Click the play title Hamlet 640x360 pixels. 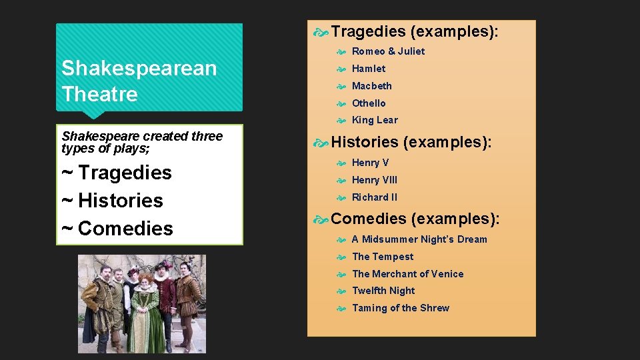click(369, 69)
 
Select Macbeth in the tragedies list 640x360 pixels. click(372, 86)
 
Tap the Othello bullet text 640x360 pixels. click(369, 103)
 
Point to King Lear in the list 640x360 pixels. click(375, 120)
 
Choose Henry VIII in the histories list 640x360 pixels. click(375, 180)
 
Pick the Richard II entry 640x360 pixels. click(375, 197)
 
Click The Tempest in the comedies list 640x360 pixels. click(383, 257)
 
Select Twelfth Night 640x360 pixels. click(383, 291)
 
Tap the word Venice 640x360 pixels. click(447, 274)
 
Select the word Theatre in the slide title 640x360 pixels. click(100, 94)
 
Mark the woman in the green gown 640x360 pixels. click(145, 313)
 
